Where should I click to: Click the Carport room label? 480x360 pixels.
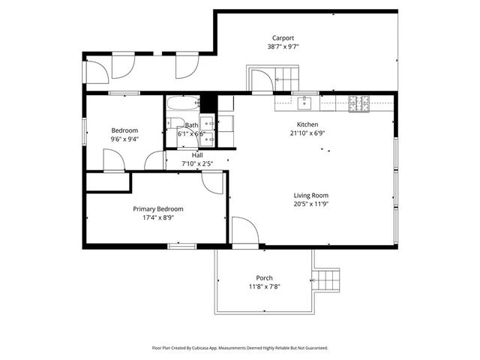tap(283, 37)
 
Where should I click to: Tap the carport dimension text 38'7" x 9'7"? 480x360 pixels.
tap(283, 46)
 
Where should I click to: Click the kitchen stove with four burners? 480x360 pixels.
tap(358, 103)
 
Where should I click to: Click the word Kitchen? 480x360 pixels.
tap(307, 124)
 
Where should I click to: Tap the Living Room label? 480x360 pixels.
tap(311, 196)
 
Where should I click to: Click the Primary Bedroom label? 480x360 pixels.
tap(158, 209)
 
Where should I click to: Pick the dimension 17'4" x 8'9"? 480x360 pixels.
tap(158, 218)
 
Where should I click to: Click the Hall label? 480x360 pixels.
tap(196, 155)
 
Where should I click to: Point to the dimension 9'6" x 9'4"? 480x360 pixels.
tap(125, 139)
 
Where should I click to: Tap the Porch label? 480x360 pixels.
tap(264, 277)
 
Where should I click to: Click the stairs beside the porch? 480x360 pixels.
tap(326, 280)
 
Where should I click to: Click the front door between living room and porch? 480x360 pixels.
tap(244, 231)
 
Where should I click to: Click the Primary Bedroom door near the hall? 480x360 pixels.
tap(212, 181)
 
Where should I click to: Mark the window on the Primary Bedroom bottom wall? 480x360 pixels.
tap(182, 245)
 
